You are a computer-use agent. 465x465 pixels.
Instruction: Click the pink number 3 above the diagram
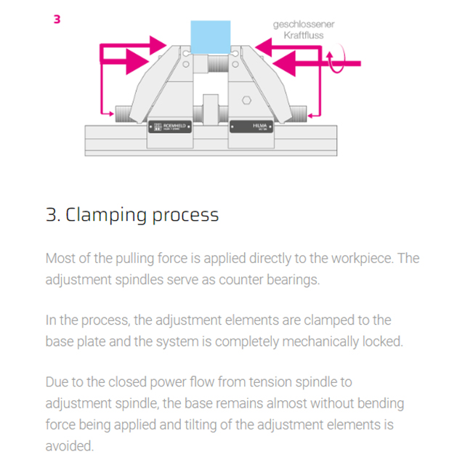[x=57, y=19]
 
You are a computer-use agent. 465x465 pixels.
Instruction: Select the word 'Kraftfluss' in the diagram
[x=304, y=35]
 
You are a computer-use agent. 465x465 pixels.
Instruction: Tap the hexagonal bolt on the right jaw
[x=246, y=100]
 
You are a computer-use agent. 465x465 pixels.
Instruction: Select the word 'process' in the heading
[x=185, y=215]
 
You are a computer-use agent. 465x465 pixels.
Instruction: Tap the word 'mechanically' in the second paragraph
[x=320, y=341]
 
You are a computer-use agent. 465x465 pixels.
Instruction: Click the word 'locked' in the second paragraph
[x=381, y=341]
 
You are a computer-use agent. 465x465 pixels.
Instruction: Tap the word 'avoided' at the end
[x=69, y=444]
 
